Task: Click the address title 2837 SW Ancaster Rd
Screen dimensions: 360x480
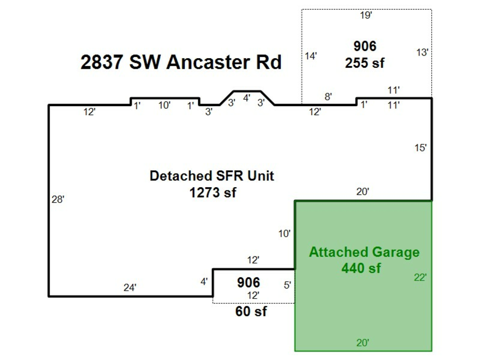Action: coord(181,62)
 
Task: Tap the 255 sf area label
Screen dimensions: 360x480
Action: coord(365,63)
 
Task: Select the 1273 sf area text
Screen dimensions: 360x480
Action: coord(212,192)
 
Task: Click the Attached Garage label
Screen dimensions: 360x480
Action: coord(364,252)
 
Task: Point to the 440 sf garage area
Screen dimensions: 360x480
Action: coord(361,268)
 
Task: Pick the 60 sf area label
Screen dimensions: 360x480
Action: coord(251,311)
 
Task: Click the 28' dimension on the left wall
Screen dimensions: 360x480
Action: coord(58,199)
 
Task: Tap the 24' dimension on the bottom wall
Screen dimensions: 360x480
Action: coord(130,287)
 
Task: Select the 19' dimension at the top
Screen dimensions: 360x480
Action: coord(366,15)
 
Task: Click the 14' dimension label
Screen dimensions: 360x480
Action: coord(311,56)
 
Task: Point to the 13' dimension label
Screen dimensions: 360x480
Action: coord(422,52)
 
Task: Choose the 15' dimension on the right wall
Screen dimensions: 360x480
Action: coord(421,148)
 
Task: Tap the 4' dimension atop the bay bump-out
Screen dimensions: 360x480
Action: coord(246,98)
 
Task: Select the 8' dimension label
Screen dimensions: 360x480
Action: coord(329,97)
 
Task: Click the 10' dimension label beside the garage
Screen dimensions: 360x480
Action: coord(284,233)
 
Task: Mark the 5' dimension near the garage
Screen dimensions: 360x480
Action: coord(287,285)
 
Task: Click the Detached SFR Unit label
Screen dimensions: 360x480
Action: coord(212,176)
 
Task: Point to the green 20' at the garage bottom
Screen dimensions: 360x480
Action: coord(363,343)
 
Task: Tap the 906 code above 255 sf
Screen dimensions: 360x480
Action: coord(365,46)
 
